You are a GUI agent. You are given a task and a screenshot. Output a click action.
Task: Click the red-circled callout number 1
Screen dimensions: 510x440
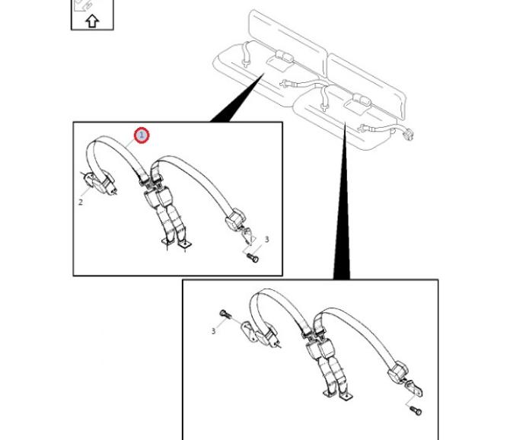142,136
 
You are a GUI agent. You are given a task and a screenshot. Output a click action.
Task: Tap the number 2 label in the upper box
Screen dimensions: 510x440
81,202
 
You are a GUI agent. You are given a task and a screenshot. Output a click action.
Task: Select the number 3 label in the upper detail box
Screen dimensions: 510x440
266,239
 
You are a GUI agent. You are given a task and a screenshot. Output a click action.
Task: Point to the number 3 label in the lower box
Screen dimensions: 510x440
213,331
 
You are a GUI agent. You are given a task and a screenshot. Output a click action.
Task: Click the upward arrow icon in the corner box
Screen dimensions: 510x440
92,21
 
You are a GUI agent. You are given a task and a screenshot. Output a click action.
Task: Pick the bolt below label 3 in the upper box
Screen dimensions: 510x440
253,258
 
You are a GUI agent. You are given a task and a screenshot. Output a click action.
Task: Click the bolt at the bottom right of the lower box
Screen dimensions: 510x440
416,410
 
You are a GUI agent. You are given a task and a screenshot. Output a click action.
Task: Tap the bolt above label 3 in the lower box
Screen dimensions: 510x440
225,314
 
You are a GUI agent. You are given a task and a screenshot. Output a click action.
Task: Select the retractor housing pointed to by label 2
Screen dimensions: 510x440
100,183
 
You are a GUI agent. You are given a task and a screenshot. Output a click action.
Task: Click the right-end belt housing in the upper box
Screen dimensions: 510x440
235,220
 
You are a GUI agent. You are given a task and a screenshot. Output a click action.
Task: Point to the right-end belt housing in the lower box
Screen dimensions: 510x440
398,371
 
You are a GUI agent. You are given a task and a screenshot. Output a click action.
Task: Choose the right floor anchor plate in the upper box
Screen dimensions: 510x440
185,244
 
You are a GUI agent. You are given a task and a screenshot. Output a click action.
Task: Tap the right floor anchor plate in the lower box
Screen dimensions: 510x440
346,397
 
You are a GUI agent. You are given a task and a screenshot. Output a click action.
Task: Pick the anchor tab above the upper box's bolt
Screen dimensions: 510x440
248,236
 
